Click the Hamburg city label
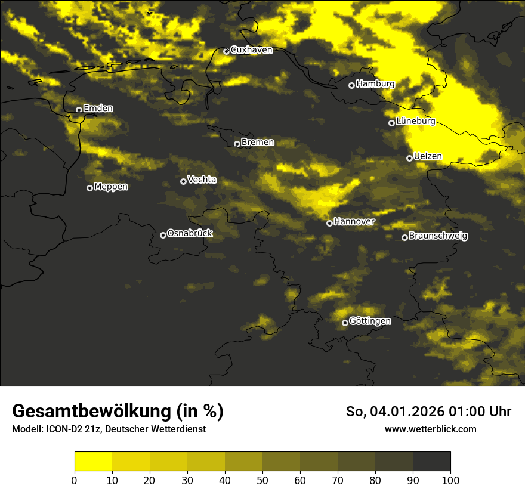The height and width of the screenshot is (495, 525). click(x=375, y=84)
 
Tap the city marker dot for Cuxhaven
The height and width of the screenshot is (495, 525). click(x=226, y=51)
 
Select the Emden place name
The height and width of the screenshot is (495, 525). click(x=98, y=109)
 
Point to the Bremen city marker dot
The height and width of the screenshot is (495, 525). click(x=237, y=144)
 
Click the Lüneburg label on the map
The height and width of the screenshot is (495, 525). click(x=415, y=122)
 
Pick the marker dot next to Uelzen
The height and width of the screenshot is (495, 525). click(x=409, y=158)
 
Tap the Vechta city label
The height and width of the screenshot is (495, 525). click(x=202, y=180)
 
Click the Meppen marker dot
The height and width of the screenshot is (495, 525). click(x=89, y=188)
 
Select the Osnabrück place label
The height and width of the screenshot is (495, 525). click(x=190, y=234)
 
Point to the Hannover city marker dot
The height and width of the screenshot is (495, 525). click(x=329, y=223)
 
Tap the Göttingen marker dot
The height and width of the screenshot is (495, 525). click(x=345, y=323)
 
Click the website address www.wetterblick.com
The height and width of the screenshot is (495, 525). click(x=431, y=429)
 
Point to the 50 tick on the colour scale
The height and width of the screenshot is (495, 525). click(x=262, y=480)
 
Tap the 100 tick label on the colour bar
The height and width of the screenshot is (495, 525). click(x=450, y=480)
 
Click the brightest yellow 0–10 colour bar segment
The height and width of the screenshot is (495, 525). click(x=93, y=462)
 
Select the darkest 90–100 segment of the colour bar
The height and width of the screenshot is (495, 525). click(x=431, y=462)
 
